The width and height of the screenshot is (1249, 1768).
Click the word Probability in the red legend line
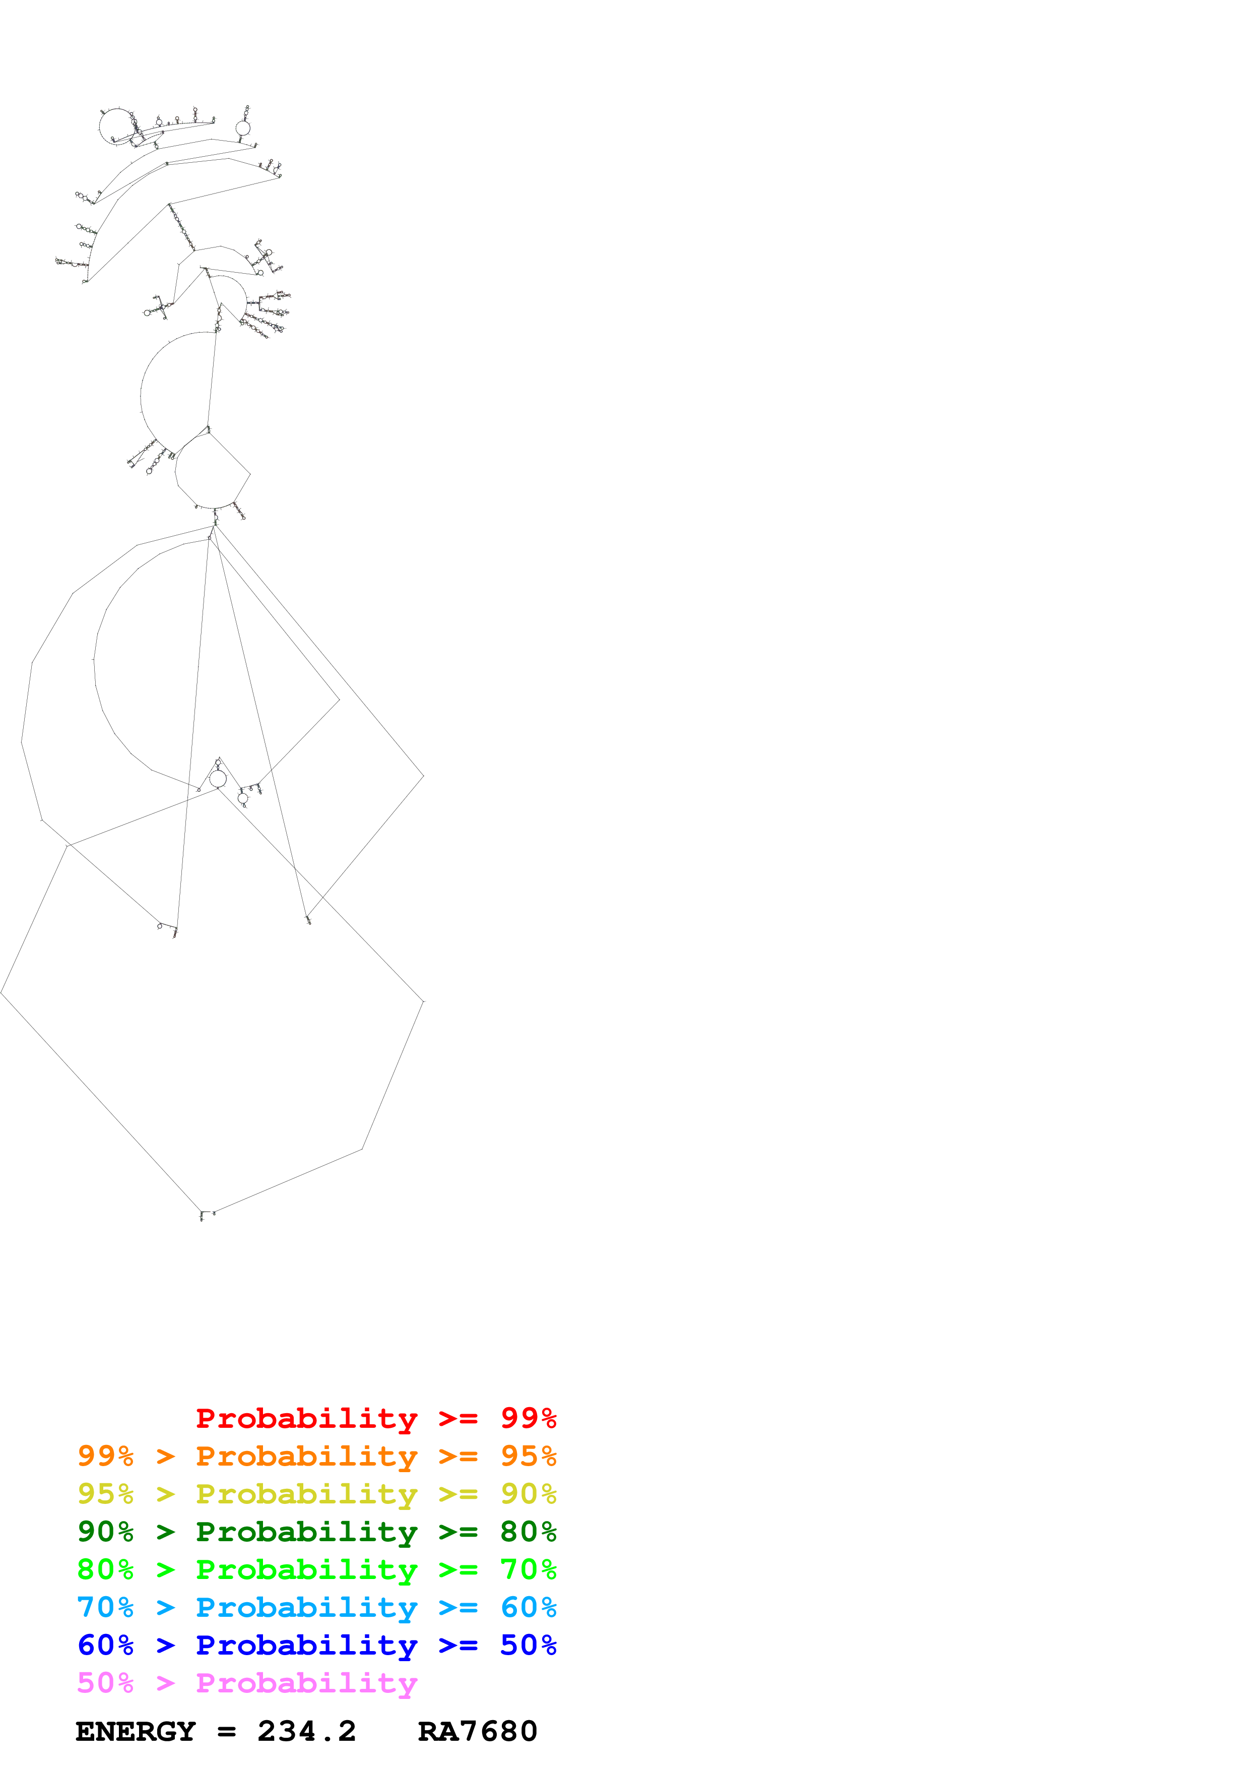coord(306,1418)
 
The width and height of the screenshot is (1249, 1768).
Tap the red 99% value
coord(528,1418)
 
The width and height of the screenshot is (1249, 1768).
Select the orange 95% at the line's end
coord(528,1456)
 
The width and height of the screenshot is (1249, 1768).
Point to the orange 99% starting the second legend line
coord(105,1456)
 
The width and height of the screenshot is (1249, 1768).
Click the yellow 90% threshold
coord(528,1494)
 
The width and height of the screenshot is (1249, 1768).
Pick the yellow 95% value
coord(105,1494)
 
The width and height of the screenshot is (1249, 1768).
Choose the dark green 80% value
coord(528,1532)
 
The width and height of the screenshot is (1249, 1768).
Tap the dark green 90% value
coord(105,1532)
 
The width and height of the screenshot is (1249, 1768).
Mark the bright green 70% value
coord(528,1569)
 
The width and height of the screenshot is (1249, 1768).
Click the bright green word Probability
coord(306,1569)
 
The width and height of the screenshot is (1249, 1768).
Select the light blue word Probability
coord(306,1607)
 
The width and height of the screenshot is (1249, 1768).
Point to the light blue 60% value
coord(528,1607)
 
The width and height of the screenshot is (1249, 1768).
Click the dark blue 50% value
coord(528,1645)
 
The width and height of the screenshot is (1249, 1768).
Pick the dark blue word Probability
coord(306,1645)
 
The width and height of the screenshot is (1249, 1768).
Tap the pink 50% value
coord(105,1682)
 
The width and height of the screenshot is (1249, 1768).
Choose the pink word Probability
coord(306,1682)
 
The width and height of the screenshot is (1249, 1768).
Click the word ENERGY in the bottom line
coord(136,1731)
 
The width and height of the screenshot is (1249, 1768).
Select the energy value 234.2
coord(306,1731)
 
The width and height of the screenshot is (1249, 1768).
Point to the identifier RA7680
coord(477,1731)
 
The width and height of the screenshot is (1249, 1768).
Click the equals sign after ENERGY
coord(226,1732)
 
